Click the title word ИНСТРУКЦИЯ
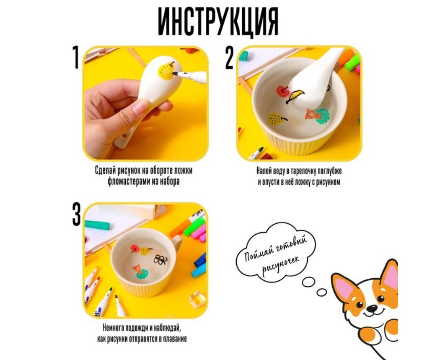pos(218,21)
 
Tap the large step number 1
pos(75,57)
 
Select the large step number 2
pos(230,58)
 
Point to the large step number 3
pos(76,215)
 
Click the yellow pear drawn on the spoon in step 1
pos(166,70)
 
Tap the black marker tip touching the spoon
pos(175,73)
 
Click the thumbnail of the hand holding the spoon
pos(145,103)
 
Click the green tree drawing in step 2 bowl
pos(322,116)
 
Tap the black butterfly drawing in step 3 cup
pos(161,260)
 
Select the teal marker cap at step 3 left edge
pos(97,225)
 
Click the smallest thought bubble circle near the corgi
pos(321,293)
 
